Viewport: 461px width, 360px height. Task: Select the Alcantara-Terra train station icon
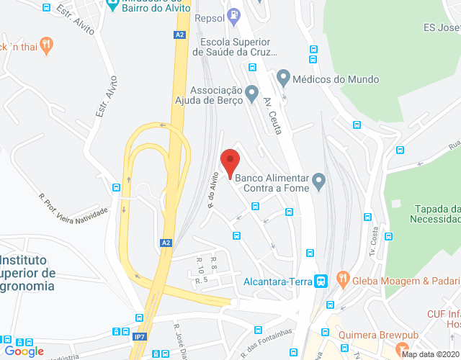(323, 281)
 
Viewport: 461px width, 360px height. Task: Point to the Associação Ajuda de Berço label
(214, 96)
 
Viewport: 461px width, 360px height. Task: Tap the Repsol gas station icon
(233, 14)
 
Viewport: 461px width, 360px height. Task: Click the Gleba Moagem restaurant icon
(343, 280)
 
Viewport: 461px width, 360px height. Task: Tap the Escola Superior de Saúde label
(236, 47)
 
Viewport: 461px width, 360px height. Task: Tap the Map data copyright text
(430, 354)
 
